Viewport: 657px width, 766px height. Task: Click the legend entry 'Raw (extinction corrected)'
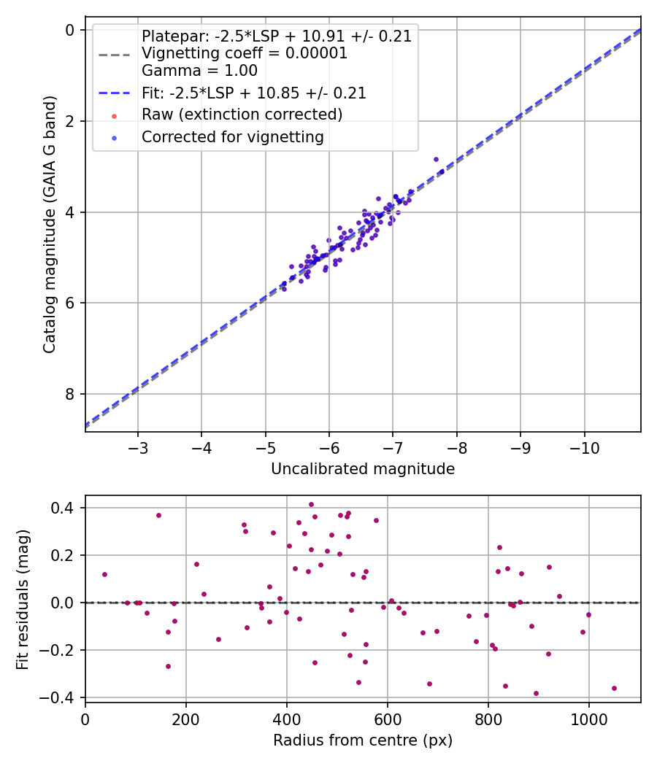pos(242,115)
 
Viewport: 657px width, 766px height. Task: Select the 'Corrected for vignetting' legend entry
pos(233,136)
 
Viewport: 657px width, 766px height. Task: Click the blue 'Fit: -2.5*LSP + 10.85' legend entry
pos(253,93)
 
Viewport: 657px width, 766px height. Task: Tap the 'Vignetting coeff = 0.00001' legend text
pos(245,53)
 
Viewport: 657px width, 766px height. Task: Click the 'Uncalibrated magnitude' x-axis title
pos(363,469)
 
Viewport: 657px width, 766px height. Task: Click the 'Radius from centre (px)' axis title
pos(363,740)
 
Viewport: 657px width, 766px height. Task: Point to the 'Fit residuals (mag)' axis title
pos(23,599)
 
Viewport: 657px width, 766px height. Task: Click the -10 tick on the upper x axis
pos(584,446)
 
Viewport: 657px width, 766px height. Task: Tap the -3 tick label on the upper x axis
pos(138,446)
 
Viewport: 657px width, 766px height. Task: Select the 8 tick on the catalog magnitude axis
pos(71,394)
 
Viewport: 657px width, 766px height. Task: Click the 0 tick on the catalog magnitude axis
pos(71,30)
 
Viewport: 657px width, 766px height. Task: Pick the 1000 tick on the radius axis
pos(588,717)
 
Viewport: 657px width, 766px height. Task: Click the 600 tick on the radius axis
pos(387,717)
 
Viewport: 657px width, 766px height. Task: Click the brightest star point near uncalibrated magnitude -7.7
pos(436,159)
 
